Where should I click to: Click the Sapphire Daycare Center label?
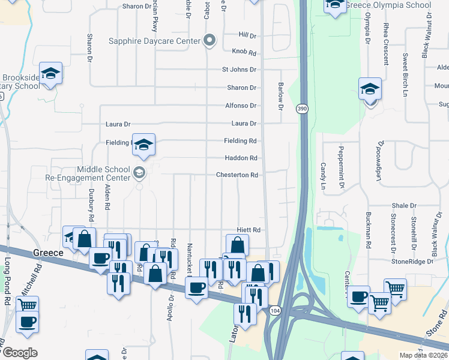tap(154, 41)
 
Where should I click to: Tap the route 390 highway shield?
tap(302, 109)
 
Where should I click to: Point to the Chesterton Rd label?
tap(237, 175)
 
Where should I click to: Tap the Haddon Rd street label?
tap(241, 158)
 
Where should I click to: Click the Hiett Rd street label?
tap(248, 230)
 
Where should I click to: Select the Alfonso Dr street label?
tap(241, 106)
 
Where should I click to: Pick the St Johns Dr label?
tap(239, 70)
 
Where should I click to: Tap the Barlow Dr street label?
tap(280, 96)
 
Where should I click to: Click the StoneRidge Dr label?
tap(412, 262)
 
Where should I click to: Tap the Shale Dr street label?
tap(404, 206)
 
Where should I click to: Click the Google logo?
tap(20, 353)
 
